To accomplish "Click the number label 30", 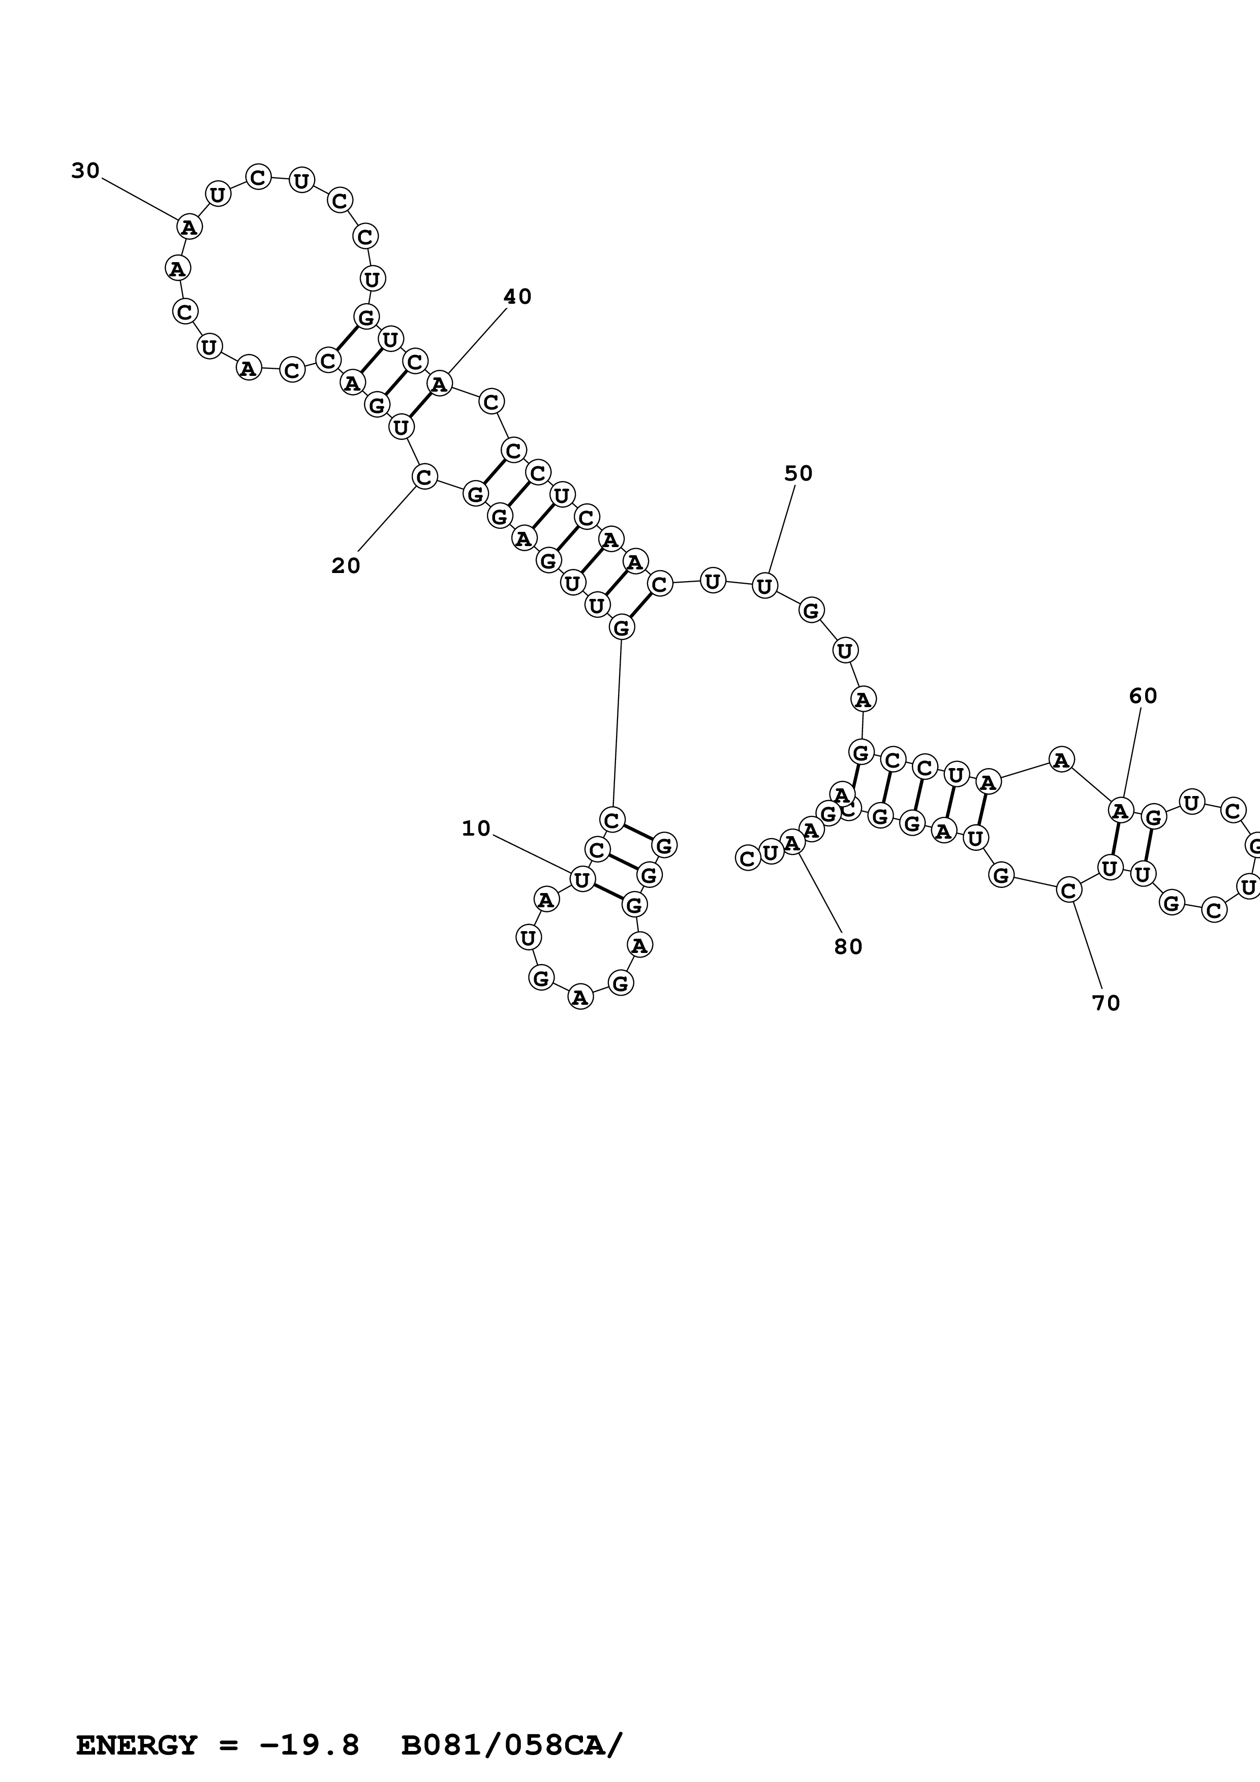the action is coord(85,171).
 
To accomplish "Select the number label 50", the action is coord(798,473).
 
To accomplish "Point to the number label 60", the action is coord(1143,696).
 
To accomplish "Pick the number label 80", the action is coord(848,947).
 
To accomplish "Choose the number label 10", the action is coord(476,829).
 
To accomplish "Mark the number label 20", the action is coord(346,566).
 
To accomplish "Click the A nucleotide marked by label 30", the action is coord(189,227).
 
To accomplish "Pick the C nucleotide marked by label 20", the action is coord(424,476).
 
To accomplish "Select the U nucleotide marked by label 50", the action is coord(765,585).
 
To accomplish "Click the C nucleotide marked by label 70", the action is coord(1068,890).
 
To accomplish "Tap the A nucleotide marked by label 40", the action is coord(440,384).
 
